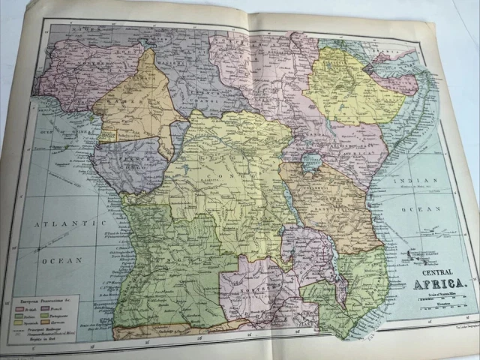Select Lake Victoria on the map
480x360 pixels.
click(309, 163)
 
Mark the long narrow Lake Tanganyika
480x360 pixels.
click(289, 210)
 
